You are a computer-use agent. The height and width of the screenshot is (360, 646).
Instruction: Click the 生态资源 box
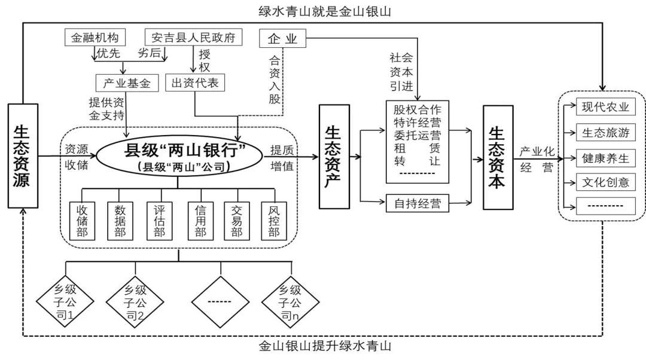pyautogui.click(x=23, y=155)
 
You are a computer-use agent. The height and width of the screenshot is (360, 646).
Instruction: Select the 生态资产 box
pyautogui.click(x=334, y=157)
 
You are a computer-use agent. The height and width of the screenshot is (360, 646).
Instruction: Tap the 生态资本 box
pyautogui.click(x=497, y=157)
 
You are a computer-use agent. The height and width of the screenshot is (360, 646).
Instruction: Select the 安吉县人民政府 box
pyautogui.click(x=193, y=38)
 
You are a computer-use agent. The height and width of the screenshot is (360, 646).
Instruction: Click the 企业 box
pyautogui.click(x=282, y=39)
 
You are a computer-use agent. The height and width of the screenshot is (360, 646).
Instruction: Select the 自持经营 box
pyautogui.click(x=417, y=203)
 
